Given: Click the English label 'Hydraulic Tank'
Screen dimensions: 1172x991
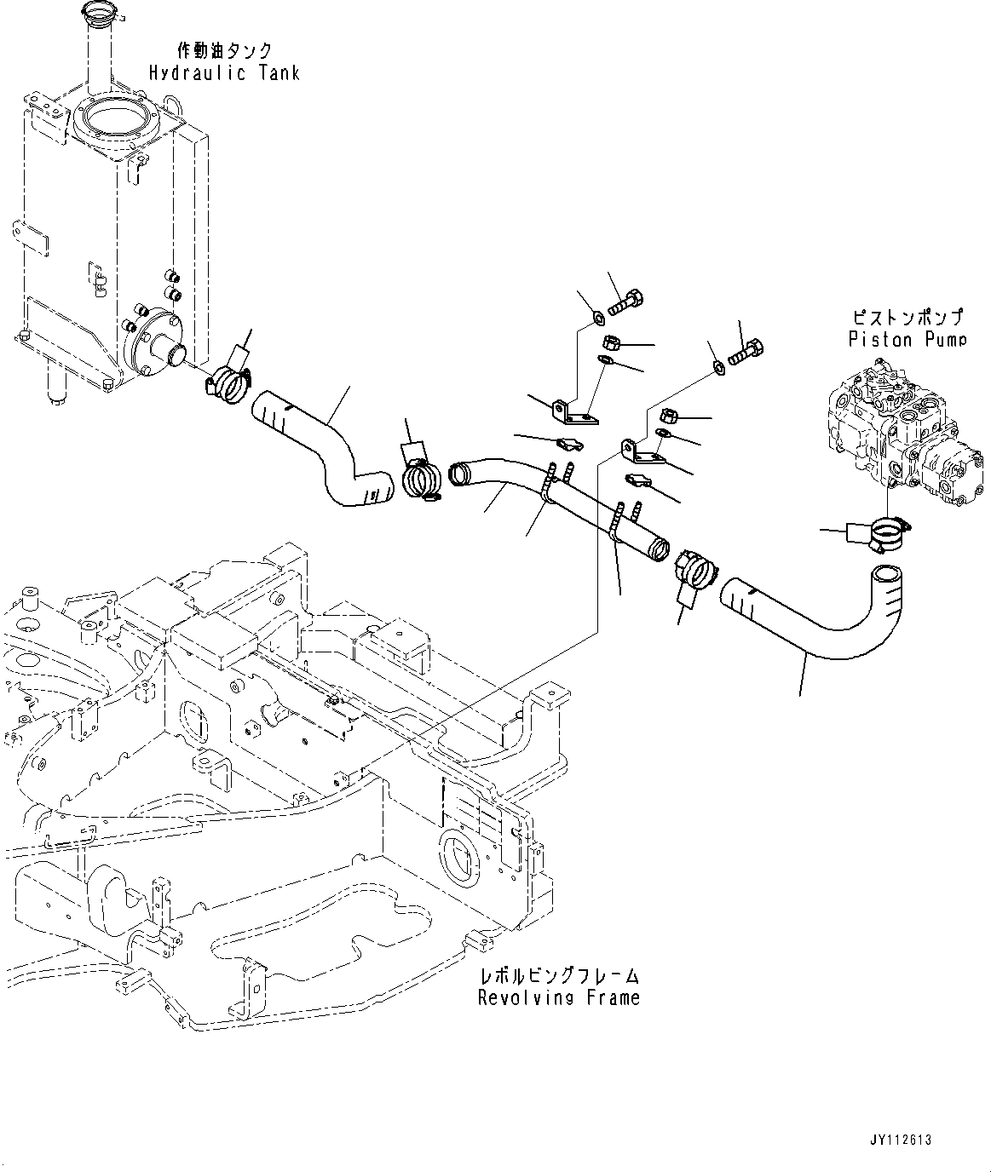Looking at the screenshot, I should click(x=224, y=73).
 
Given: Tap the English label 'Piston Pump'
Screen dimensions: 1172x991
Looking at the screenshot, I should click(x=907, y=339).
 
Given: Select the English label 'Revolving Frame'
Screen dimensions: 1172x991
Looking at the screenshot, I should click(x=558, y=997).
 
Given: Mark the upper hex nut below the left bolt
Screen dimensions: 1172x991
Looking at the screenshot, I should click(x=611, y=342).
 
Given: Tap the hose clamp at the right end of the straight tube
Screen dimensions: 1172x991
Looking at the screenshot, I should click(x=693, y=568).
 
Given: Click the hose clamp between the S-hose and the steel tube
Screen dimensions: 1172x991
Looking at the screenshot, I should click(x=419, y=477).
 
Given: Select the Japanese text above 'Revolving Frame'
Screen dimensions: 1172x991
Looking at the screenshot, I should click(x=558, y=975).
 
